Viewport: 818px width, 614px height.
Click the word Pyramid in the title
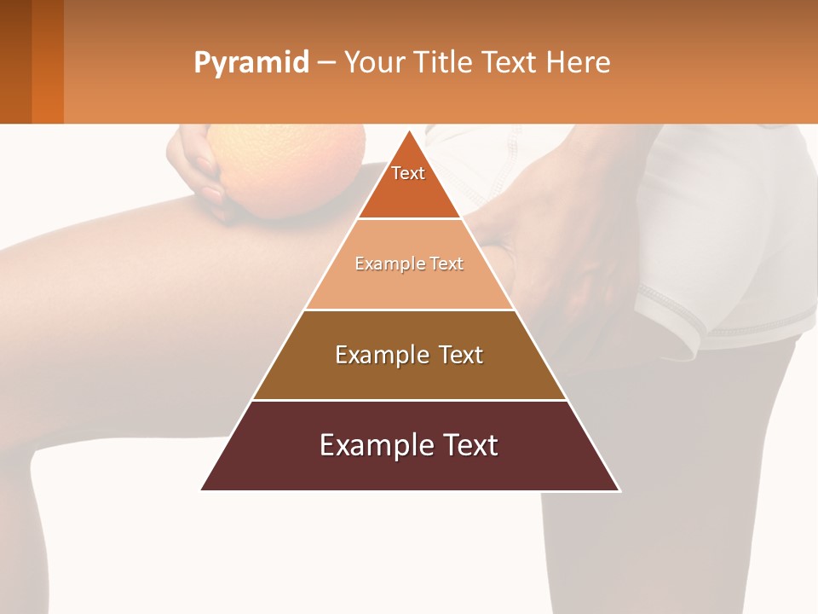click(251, 63)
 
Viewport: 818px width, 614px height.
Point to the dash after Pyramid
click(325, 63)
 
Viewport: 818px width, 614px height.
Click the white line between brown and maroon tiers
click(409, 400)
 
